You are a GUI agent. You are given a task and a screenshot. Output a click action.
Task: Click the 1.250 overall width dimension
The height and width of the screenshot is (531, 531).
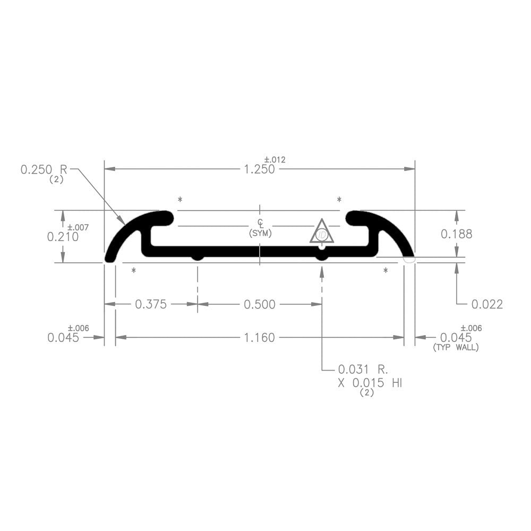259,169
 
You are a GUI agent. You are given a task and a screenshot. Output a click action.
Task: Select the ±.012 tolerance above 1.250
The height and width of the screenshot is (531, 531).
275,160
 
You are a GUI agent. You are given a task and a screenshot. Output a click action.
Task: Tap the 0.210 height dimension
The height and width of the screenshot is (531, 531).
63,237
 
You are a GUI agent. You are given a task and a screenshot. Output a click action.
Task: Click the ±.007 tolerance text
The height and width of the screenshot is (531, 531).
78,227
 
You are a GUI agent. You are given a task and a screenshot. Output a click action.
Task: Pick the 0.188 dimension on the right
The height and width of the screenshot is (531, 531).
456,234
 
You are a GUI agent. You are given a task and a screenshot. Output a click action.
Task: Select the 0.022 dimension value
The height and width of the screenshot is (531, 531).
487,304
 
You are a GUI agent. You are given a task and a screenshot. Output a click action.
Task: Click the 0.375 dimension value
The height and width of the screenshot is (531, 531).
151,304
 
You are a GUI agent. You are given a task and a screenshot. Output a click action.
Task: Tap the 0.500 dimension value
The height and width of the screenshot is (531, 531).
260,304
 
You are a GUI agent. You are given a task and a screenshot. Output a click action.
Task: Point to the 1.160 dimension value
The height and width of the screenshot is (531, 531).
260,337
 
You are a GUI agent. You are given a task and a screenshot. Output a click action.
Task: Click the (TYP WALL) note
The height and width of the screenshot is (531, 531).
456,348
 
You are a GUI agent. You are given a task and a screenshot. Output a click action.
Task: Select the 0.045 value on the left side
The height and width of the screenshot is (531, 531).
63,338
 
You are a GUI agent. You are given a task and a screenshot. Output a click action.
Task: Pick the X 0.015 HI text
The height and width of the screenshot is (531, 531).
370,383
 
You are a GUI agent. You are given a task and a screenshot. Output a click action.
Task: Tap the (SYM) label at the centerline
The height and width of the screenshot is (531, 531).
260,234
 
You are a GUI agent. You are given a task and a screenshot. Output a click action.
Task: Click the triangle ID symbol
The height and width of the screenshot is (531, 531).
322,232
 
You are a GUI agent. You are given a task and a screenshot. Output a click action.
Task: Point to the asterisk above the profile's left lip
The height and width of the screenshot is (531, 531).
180,200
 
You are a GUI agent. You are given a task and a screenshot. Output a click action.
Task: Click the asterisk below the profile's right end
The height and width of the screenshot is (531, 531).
386,271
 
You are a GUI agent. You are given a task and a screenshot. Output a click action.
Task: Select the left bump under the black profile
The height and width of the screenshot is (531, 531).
198,257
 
